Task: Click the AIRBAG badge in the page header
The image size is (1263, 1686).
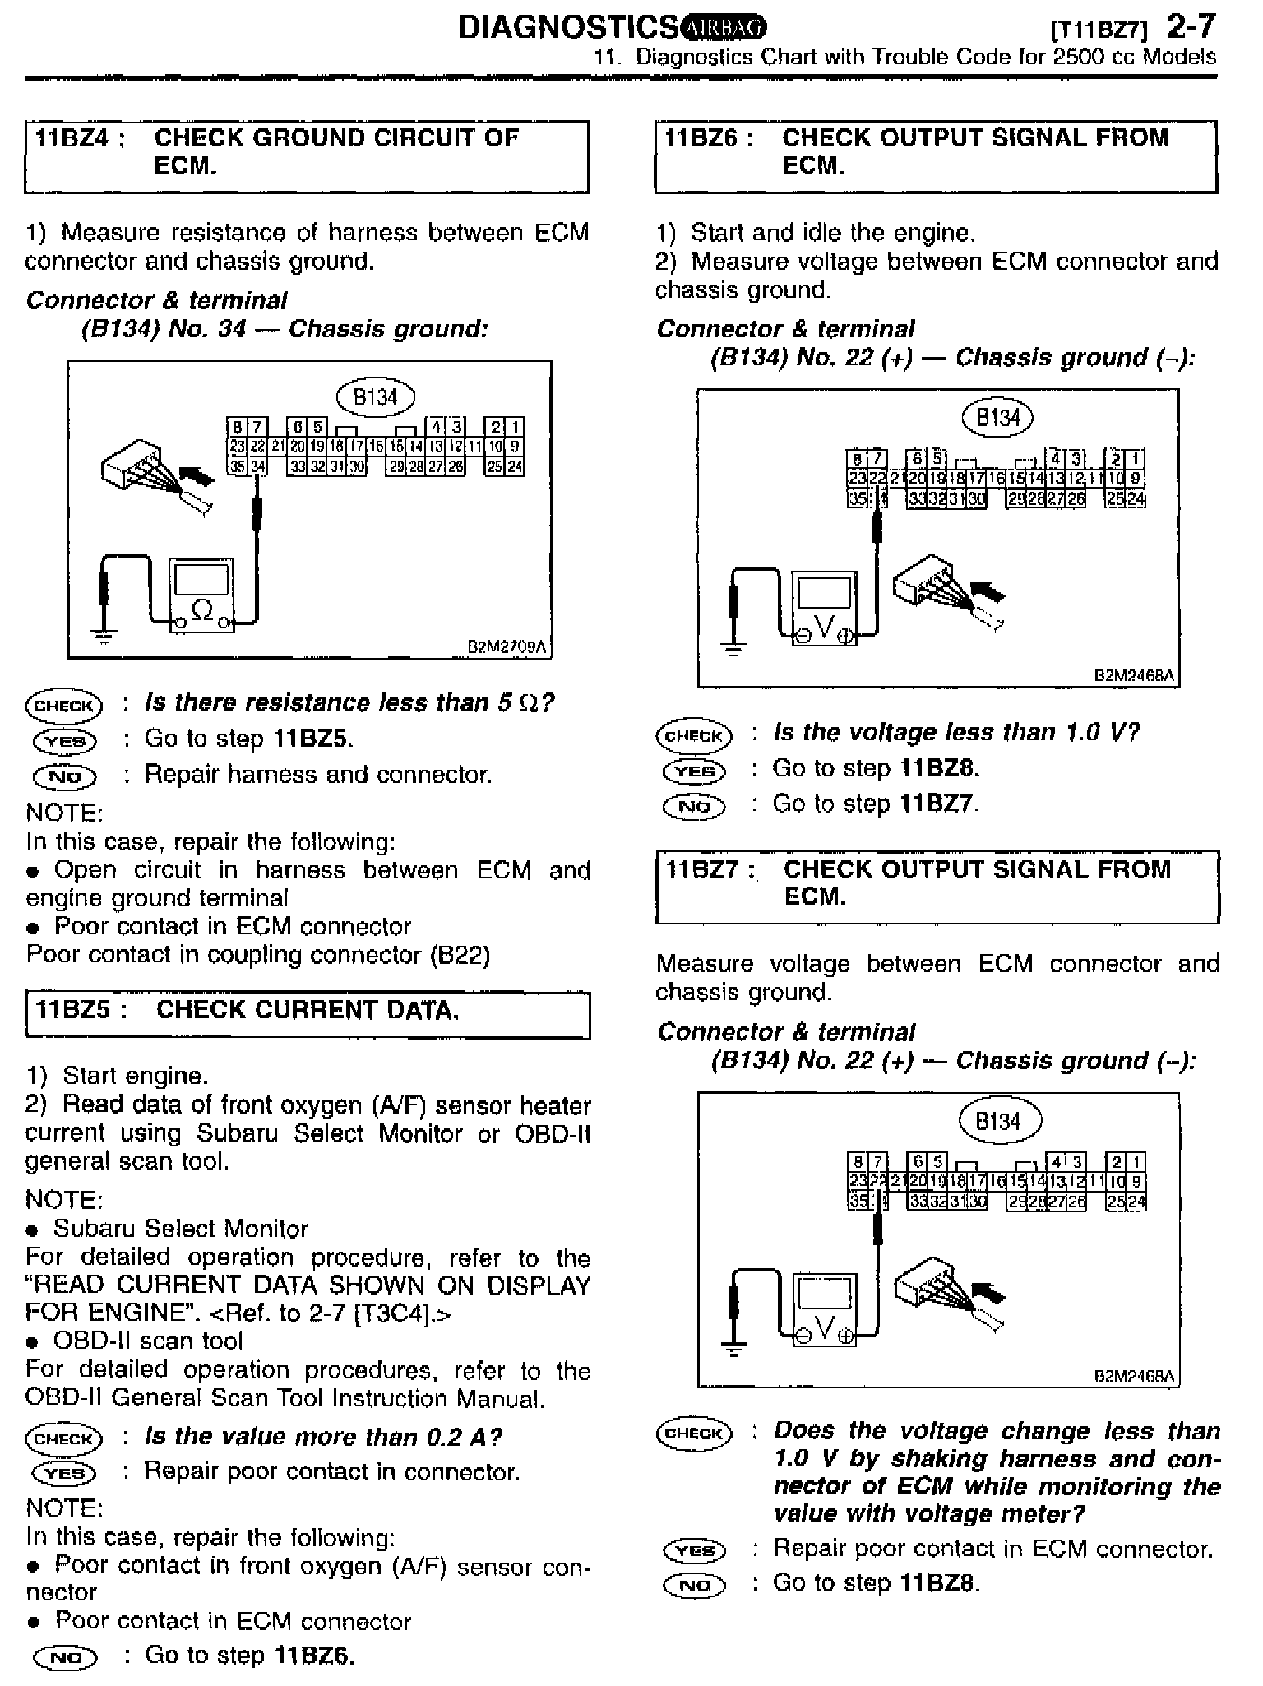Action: click(x=724, y=29)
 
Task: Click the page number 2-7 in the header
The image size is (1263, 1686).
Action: click(x=1190, y=27)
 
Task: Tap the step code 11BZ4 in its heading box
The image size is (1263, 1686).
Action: click(x=72, y=137)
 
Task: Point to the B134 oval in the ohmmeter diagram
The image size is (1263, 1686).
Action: click(x=376, y=397)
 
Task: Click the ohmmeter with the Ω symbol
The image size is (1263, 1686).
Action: click(x=201, y=595)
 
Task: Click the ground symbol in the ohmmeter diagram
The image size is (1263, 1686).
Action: click(x=104, y=635)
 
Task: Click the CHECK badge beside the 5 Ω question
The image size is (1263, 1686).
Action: click(x=63, y=705)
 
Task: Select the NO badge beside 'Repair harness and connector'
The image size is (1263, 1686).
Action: click(x=64, y=776)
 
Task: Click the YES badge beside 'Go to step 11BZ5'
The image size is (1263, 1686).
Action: click(x=64, y=740)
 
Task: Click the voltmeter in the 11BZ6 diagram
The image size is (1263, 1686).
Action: click(x=824, y=609)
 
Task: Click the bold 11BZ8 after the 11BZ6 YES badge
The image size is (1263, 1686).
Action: click(x=939, y=768)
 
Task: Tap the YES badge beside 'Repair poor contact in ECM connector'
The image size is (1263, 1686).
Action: click(x=694, y=1550)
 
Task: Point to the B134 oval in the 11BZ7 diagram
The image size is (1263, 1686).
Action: click(x=1000, y=1121)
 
